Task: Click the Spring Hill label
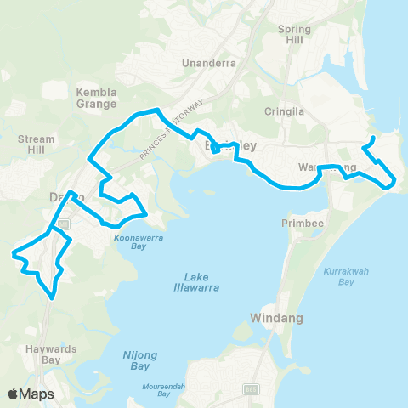(x=295, y=35)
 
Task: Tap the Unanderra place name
(x=208, y=63)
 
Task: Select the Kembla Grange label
(x=96, y=98)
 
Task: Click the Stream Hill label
(x=36, y=145)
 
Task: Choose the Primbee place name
(x=297, y=223)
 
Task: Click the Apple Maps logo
(x=30, y=394)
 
